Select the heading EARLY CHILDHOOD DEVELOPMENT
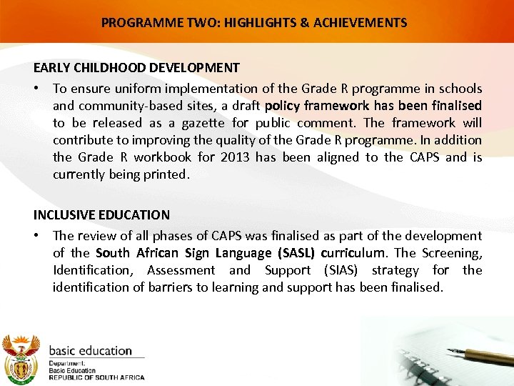pyautogui.click(x=136, y=68)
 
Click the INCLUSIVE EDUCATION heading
pyautogui.click(x=101, y=214)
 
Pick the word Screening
pyautogui.click(x=452, y=253)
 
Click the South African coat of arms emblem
pyautogui.click(x=21, y=357)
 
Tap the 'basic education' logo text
pyautogui.click(x=90, y=351)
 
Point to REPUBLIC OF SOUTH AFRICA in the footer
pyautogui.click(x=96, y=377)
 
